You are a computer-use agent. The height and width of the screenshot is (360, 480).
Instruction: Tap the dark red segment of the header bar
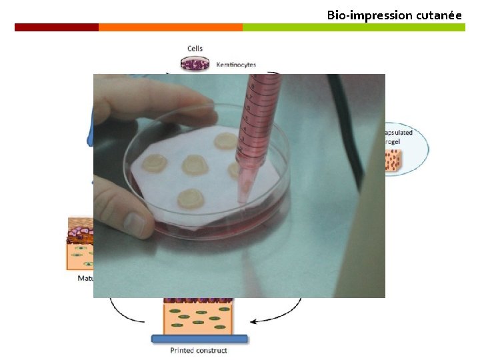click(x=57, y=27)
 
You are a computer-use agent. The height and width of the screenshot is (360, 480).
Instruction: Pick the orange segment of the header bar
click(x=170, y=27)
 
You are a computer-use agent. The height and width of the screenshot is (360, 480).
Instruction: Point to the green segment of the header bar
click(x=353, y=27)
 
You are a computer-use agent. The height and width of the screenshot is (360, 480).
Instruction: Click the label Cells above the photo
click(x=194, y=49)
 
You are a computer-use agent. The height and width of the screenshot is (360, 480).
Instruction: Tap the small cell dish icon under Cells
click(x=195, y=63)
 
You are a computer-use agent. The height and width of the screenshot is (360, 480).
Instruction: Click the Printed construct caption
click(x=198, y=350)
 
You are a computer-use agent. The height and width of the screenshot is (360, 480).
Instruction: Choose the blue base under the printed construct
click(x=199, y=339)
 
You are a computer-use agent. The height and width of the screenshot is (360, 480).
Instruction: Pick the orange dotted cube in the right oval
click(x=393, y=159)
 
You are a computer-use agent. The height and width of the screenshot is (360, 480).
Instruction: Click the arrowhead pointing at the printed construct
click(x=254, y=321)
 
